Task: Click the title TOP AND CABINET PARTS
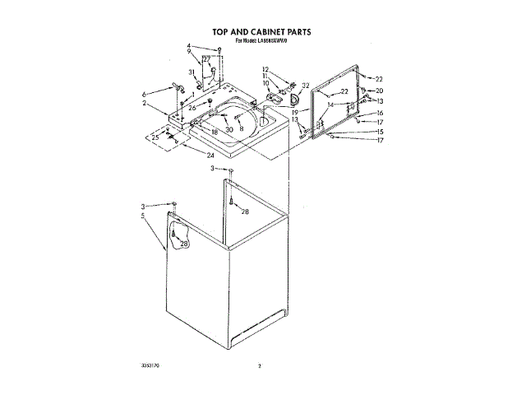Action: click(263, 32)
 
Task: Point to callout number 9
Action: click(188, 52)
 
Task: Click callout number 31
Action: click(191, 72)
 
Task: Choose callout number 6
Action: click(145, 94)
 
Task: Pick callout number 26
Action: click(191, 107)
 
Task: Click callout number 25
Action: click(156, 137)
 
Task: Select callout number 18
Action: click(215, 132)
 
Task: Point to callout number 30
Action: click(229, 129)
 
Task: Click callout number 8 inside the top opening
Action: click(242, 128)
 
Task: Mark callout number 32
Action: click(306, 86)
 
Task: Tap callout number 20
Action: click(380, 91)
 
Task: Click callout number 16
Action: click(380, 113)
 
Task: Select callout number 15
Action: click(380, 132)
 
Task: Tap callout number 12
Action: click(265, 69)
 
